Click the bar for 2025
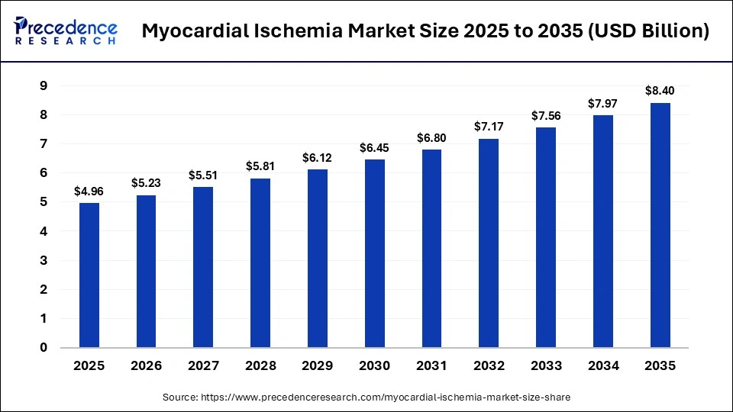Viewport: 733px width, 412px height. click(x=89, y=275)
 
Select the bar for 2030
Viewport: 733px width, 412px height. click(x=374, y=253)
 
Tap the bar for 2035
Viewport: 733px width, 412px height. click(x=660, y=225)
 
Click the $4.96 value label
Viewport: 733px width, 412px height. click(x=89, y=191)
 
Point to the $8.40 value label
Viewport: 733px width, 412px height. click(x=660, y=91)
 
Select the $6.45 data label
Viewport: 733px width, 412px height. click(x=374, y=147)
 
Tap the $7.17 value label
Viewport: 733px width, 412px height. click(x=489, y=127)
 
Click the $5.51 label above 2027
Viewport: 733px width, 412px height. click(x=203, y=175)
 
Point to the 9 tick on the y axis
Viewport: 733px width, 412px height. click(x=44, y=86)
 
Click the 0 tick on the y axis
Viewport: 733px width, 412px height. click(x=44, y=348)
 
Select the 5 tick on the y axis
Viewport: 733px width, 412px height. click(x=44, y=202)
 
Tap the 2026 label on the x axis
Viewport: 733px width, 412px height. click(x=146, y=366)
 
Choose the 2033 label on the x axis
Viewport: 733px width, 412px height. click(x=546, y=366)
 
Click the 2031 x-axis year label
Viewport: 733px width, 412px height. click(x=431, y=366)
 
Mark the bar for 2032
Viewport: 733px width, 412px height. click(x=489, y=243)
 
